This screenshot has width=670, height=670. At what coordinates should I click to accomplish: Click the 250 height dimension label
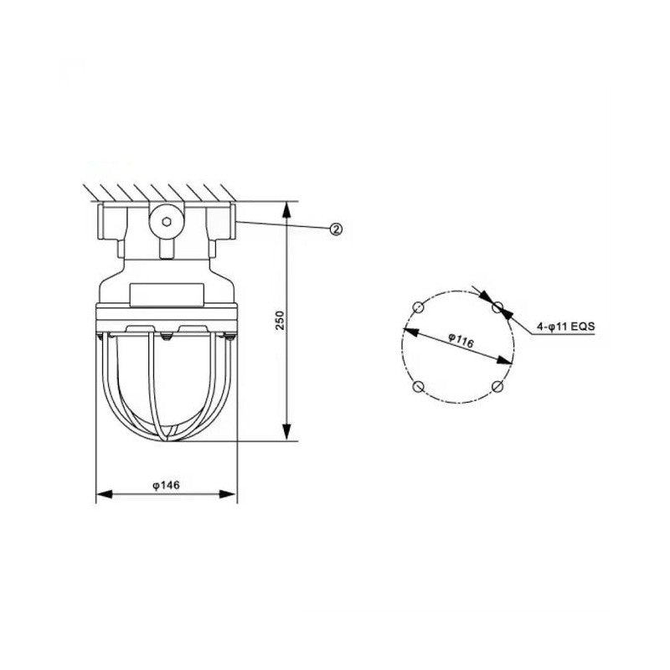pyautogui.click(x=280, y=320)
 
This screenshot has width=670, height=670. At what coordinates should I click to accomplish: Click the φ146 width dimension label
pyautogui.click(x=166, y=485)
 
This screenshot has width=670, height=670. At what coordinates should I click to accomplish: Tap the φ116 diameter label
pyautogui.click(x=461, y=341)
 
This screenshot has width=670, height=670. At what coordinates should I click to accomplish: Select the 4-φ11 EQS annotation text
pyautogui.click(x=566, y=327)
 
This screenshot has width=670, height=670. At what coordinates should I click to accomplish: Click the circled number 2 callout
pyautogui.click(x=337, y=229)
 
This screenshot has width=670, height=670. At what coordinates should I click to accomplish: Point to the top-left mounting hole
pyautogui.click(x=418, y=307)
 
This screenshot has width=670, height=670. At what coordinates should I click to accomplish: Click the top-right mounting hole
pyautogui.click(x=497, y=307)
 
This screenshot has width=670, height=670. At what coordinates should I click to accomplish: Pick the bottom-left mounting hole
pyautogui.click(x=418, y=386)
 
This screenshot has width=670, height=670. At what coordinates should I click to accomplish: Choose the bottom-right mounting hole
pyautogui.click(x=497, y=386)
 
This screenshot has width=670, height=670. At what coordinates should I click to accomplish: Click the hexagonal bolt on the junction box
pyautogui.click(x=167, y=221)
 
